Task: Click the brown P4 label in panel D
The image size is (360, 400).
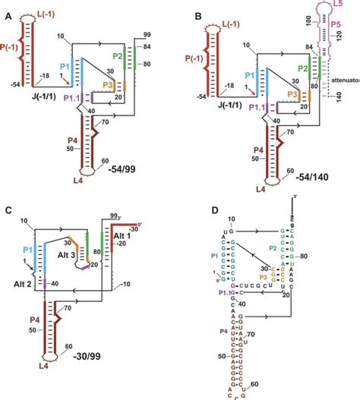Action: (x=218, y=333)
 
